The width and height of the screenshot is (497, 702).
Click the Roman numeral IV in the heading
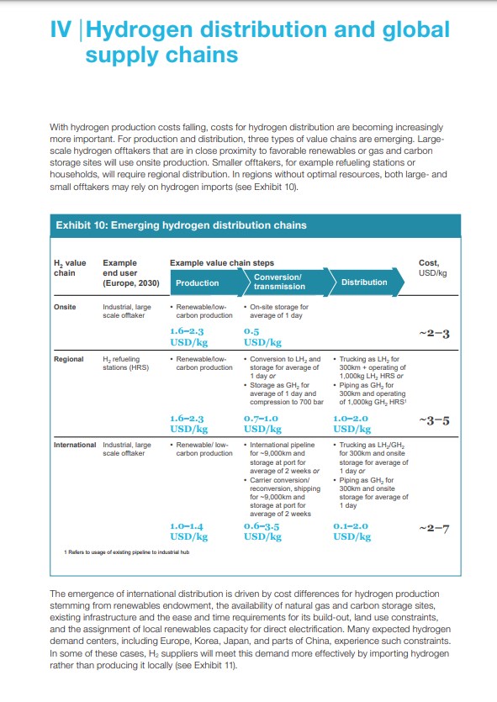61,29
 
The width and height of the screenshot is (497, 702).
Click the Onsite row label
65,307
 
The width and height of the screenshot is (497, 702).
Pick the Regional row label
68,359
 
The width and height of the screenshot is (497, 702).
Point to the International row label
75,445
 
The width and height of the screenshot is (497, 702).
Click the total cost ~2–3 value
434,334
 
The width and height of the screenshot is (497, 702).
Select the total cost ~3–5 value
434,421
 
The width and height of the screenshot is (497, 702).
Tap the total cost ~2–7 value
434,529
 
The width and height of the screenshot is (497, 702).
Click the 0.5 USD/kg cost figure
262,337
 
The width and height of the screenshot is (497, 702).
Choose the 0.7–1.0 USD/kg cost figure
262,424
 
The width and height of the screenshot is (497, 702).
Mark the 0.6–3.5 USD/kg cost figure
262,531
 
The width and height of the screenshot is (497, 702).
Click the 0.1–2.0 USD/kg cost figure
352,531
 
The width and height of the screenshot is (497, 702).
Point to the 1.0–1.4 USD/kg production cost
189,531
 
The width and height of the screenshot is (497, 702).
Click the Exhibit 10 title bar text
182,225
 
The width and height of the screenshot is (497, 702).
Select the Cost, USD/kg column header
432,267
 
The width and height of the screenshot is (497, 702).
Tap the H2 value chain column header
70,268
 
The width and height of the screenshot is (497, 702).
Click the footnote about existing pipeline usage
127,552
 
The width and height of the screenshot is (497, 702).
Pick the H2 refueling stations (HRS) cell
126,363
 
